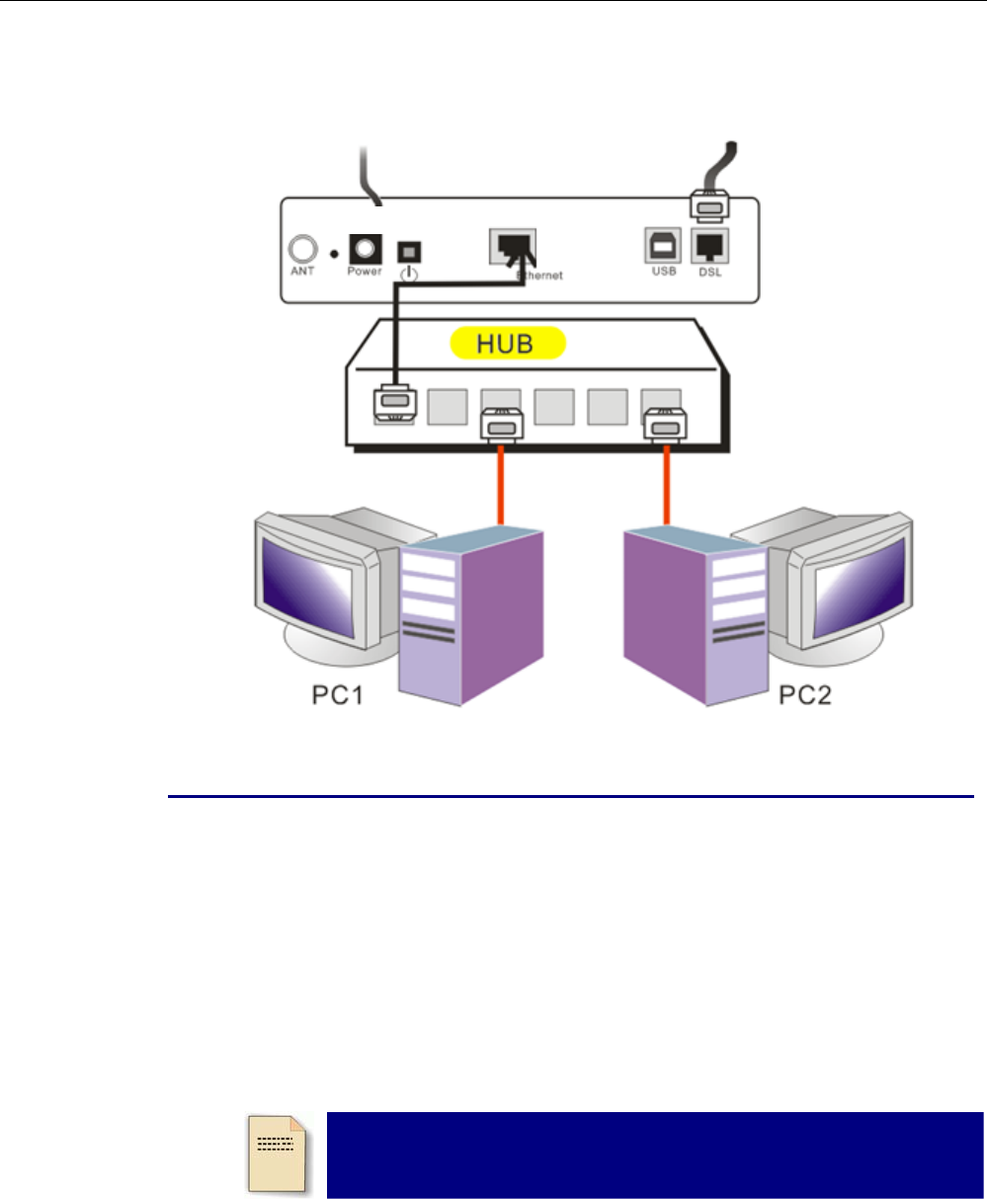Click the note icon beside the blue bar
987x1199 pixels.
[277, 1153]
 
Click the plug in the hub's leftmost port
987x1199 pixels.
[394, 404]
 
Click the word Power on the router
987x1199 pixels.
[364, 272]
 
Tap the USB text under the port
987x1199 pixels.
[663, 272]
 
